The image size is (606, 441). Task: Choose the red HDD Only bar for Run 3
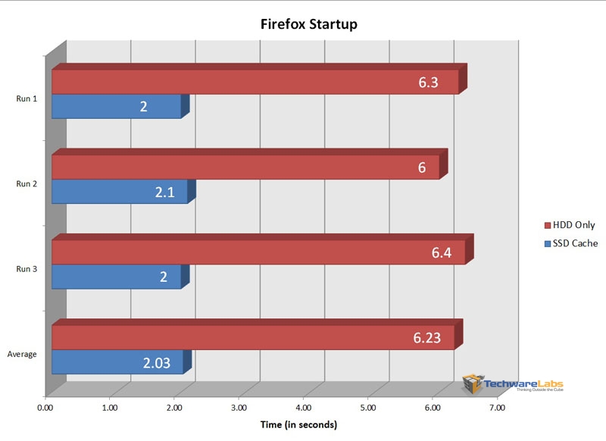tap(258, 252)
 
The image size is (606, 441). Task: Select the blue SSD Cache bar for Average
tap(117, 362)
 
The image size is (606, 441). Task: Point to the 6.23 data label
tap(427, 337)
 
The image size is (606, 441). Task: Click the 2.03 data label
tap(158, 362)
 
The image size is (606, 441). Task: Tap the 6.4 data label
tap(442, 252)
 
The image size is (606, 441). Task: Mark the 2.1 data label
tap(164, 192)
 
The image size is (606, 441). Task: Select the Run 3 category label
tap(27, 267)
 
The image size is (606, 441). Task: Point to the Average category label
tap(22, 354)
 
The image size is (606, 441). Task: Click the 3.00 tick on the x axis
tap(239, 408)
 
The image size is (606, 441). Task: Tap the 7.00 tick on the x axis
tap(497, 408)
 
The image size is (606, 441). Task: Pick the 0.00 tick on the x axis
tap(45, 408)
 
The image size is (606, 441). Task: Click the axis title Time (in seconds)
tap(298, 424)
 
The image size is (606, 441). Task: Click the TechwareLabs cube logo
tap(473, 383)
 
